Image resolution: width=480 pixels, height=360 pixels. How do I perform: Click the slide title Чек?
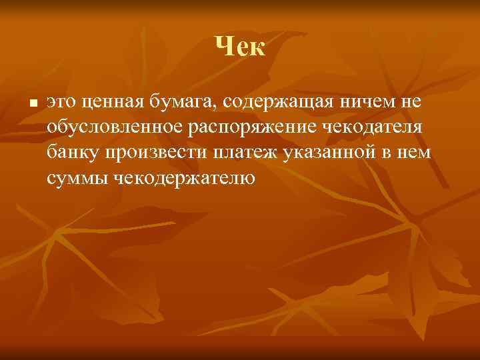(241, 47)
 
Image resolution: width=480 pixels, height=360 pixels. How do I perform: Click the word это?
(61, 103)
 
